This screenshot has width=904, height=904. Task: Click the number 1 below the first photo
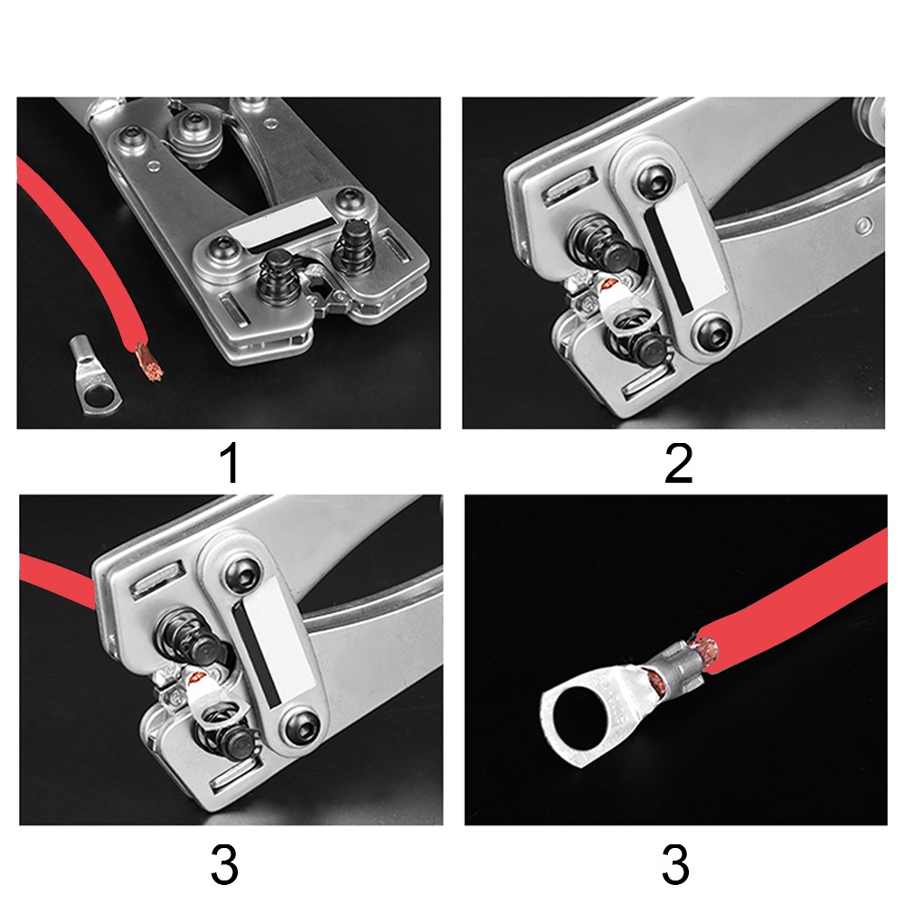coord(230,465)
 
